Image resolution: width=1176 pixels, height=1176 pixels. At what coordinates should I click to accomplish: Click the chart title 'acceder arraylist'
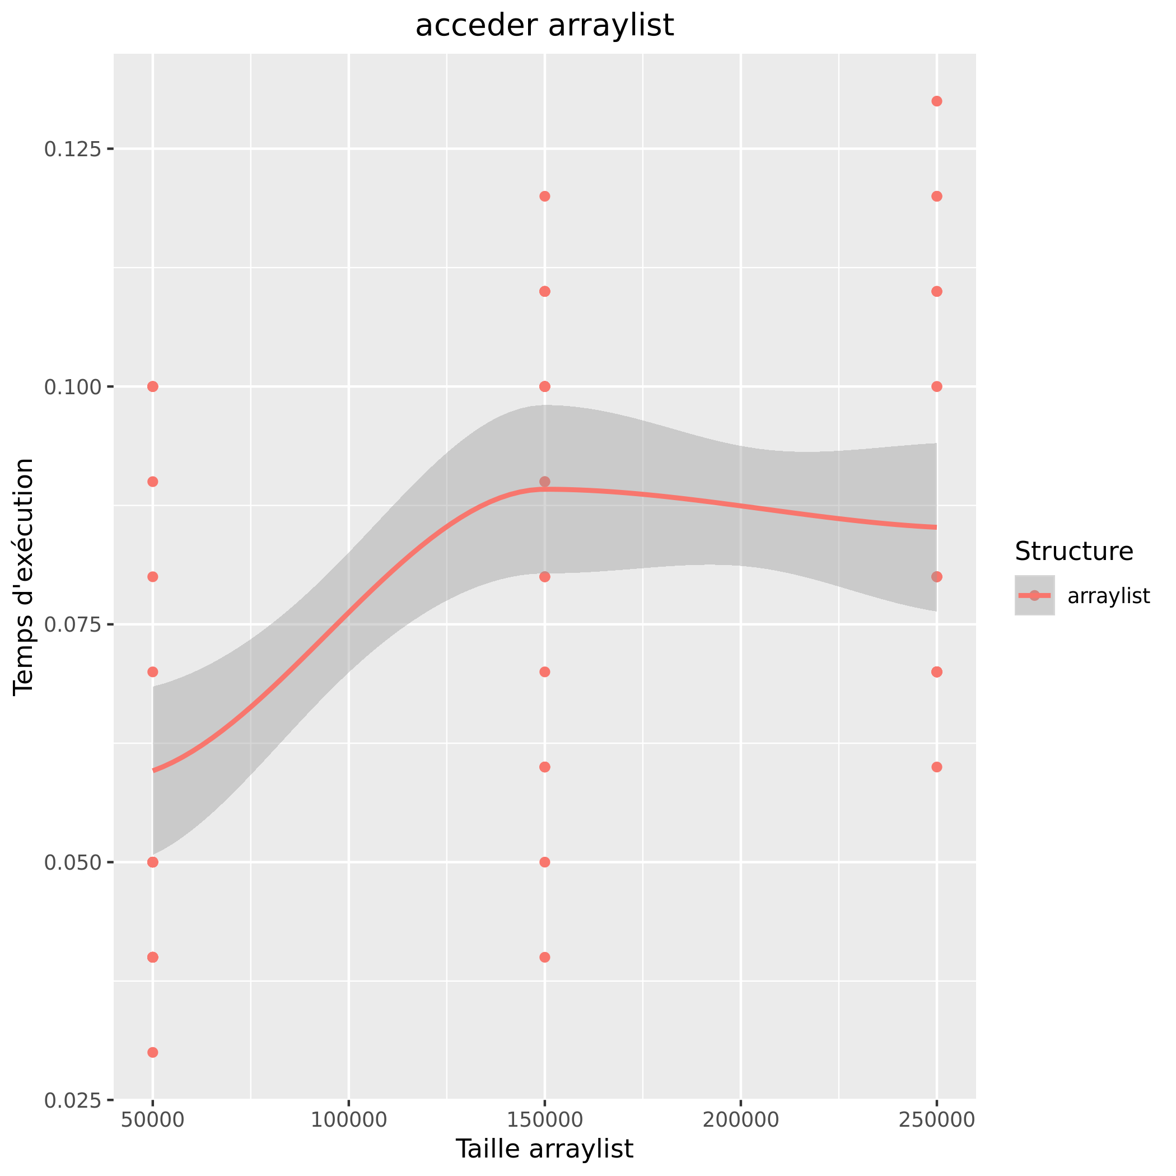[544, 26]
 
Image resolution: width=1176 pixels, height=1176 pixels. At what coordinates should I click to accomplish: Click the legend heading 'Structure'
[1074, 552]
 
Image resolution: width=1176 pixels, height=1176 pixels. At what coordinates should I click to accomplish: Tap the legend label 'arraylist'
[1108, 596]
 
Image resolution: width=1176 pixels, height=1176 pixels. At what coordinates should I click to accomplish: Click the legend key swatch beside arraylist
[1034, 595]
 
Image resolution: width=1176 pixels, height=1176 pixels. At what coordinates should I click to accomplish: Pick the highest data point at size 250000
[937, 101]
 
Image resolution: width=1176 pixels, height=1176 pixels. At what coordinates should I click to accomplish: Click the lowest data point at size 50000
[153, 1052]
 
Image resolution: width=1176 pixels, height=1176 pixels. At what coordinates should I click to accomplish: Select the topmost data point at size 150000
[545, 196]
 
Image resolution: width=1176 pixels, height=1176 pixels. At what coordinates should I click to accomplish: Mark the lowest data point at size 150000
[545, 958]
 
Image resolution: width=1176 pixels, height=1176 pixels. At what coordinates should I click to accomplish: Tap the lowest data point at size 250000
[937, 767]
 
